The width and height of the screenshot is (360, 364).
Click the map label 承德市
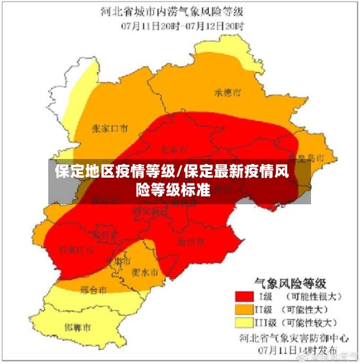pos(228,92)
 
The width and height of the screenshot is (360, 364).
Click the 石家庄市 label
pos(76,249)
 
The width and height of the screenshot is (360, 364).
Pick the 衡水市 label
pos(145,273)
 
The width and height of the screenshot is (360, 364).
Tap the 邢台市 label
pos(94,290)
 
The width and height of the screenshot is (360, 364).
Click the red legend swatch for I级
pos(241,295)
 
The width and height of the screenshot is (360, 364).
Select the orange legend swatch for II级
pos(241,309)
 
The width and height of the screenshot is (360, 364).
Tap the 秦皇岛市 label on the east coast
pos(302,156)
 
